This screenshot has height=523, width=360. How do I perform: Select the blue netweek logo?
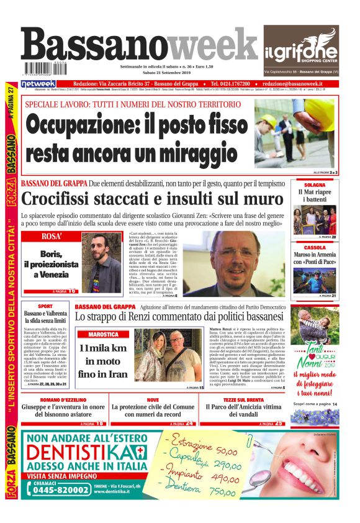click(38, 83)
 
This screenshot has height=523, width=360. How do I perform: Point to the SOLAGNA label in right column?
click(315, 185)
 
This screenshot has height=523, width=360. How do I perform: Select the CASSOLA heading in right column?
click(315, 247)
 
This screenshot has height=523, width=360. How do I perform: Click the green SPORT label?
click(45, 306)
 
